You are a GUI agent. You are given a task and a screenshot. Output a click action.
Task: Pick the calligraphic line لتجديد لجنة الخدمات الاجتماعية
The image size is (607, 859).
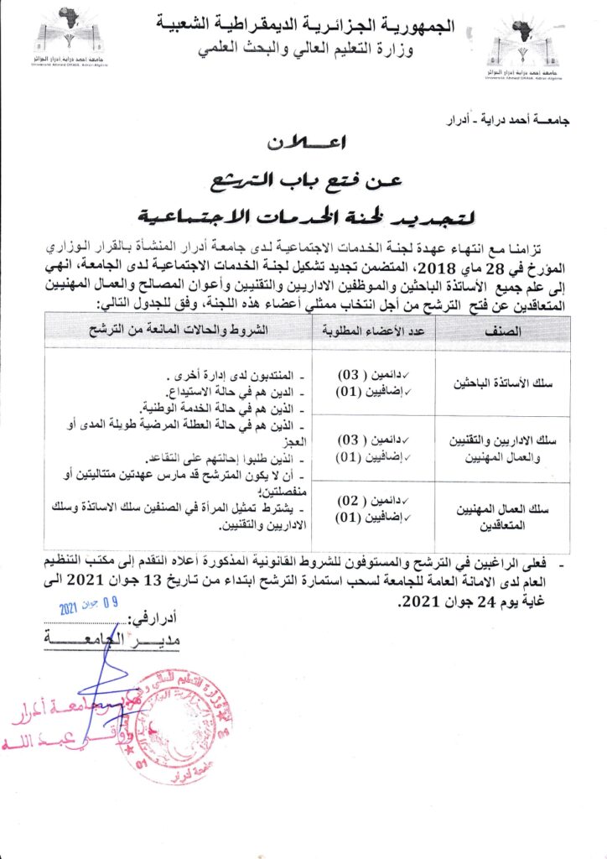tap(303, 215)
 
